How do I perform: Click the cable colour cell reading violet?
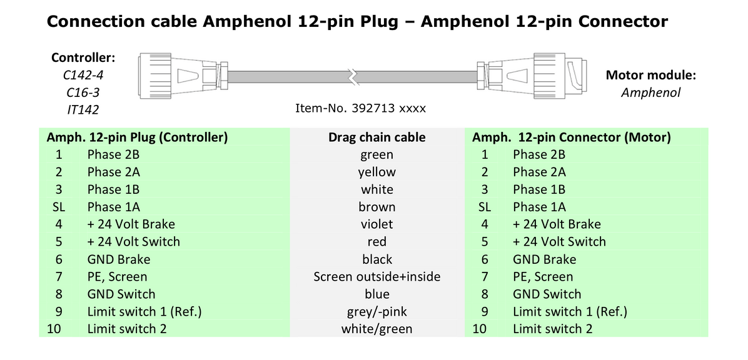(377, 224)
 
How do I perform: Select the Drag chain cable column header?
(377, 137)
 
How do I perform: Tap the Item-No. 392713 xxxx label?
(360, 109)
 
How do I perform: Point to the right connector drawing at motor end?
(532, 76)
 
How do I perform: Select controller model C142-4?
(83, 76)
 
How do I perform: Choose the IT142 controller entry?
(83, 109)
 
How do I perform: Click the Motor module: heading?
(651, 76)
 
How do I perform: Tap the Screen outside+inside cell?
(377, 277)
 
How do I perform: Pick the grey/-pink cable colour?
(377, 311)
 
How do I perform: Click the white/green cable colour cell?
(377, 329)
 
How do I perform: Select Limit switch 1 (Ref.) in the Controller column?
(144, 311)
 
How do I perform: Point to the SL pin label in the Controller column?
(54, 207)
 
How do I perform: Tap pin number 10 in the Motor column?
(479, 329)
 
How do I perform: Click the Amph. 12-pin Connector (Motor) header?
(571, 137)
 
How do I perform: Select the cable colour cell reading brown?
(377, 207)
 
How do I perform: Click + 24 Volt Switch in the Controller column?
(133, 242)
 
